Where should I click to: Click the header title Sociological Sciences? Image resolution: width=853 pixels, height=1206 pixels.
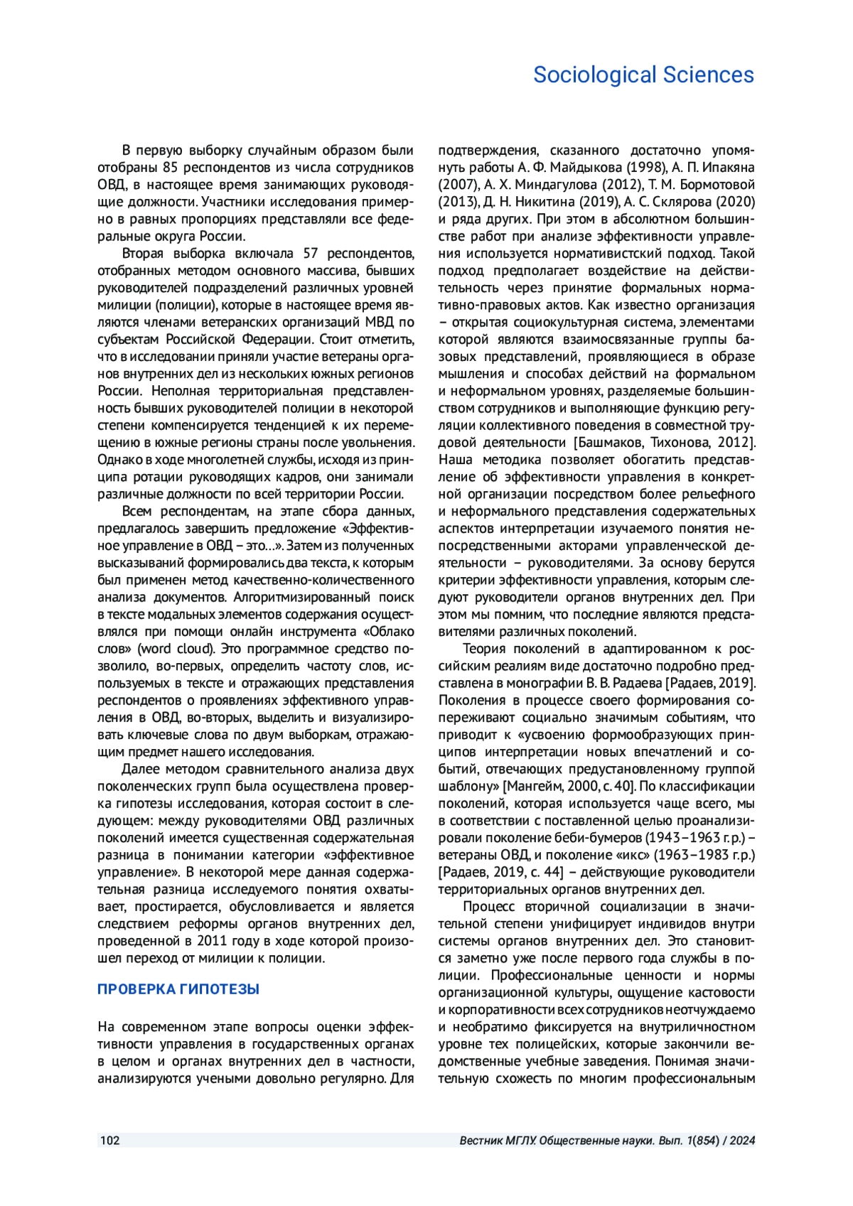point(643,75)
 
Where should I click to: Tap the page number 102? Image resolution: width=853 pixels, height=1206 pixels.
point(109,1141)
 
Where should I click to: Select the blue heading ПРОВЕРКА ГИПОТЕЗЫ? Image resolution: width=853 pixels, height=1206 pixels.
point(178,989)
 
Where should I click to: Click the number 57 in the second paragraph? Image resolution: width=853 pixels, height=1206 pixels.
point(310,254)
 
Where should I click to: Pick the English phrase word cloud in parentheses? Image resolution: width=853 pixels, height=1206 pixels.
point(176,649)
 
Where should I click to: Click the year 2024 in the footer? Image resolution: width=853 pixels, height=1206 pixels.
point(741,1141)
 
